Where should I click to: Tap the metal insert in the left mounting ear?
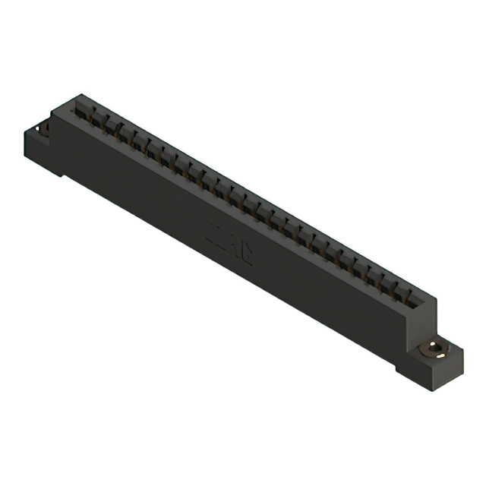pyautogui.click(x=44, y=128)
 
